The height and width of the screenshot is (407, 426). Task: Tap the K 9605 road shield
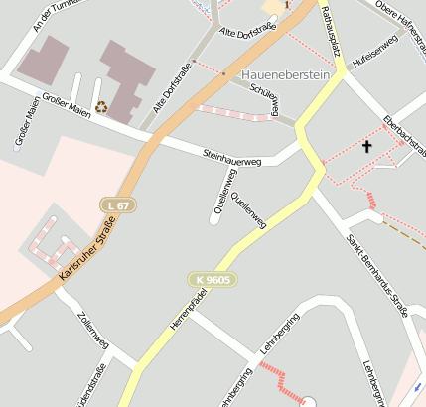click(x=211, y=281)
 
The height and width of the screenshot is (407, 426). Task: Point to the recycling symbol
click(x=100, y=106)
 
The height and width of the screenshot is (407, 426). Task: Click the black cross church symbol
click(x=366, y=147)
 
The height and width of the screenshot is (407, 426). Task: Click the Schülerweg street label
click(x=263, y=100)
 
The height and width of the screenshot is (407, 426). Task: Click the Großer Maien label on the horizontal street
click(x=67, y=106)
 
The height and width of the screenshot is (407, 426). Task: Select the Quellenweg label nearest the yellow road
click(x=248, y=210)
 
